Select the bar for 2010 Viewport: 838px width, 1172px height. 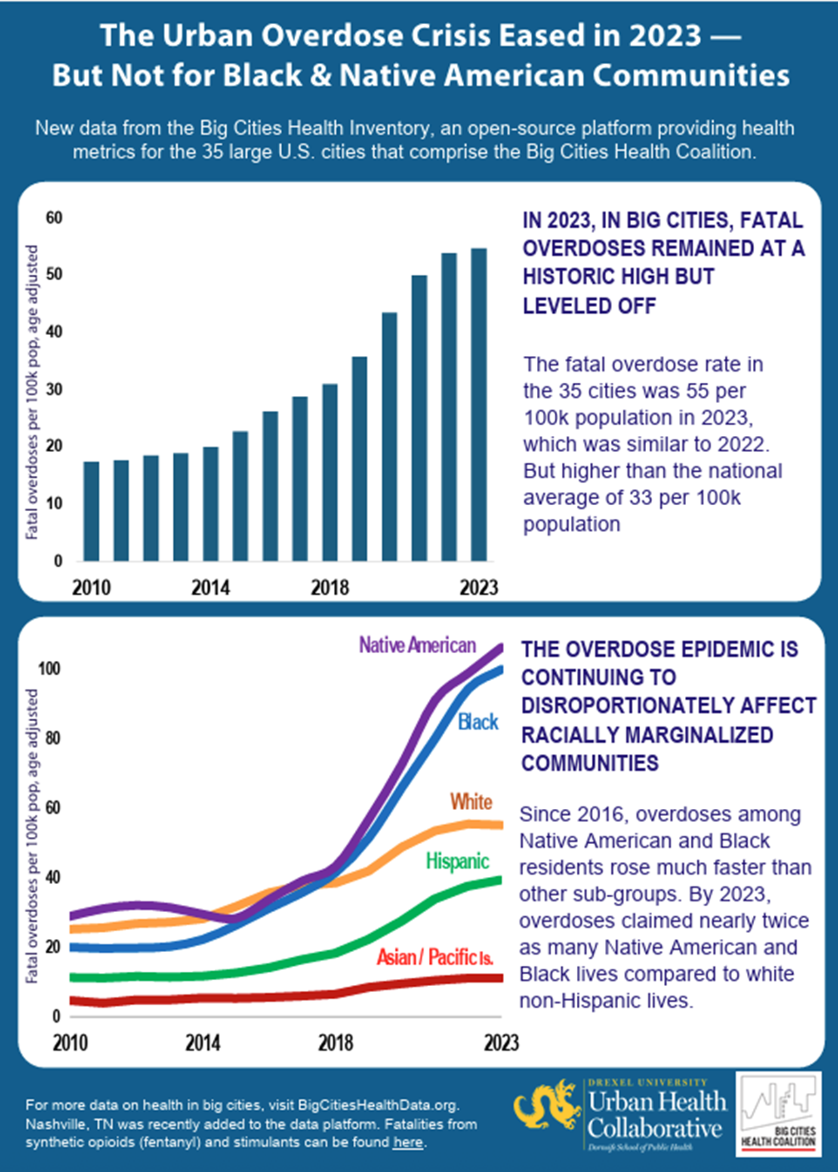click(x=92, y=511)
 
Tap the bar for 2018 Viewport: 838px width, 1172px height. click(x=330, y=472)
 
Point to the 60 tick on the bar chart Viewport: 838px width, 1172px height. click(x=54, y=218)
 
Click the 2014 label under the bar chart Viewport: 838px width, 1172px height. click(x=210, y=588)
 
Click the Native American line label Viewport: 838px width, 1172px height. click(x=417, y=645)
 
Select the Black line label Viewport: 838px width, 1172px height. click(x=478, y=722)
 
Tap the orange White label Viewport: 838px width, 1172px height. click(x=471, y=802)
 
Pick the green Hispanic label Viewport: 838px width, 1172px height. click(x=457, y=861)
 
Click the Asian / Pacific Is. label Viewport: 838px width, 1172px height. click(x=435, y=957)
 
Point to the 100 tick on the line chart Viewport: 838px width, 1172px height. click(x=49, y=668)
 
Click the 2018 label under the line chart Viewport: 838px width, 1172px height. click(x=335, y=1042)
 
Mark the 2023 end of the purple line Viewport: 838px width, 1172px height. click(x=500, y=648)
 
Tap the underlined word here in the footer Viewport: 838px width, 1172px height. click(x=408, y=1143)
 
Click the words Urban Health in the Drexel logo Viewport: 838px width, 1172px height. click(x=657, y=1102)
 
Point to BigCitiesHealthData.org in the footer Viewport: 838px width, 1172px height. click(x=377, y=1105)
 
